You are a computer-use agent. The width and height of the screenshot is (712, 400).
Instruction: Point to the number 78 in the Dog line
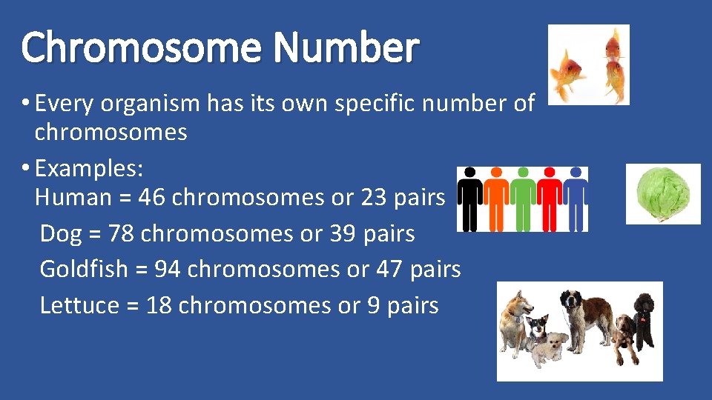(x=122, y=233)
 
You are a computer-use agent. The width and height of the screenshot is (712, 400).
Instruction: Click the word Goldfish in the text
(x=84, y=269)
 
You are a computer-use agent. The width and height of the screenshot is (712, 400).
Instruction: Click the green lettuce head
(x=663, y=193)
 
